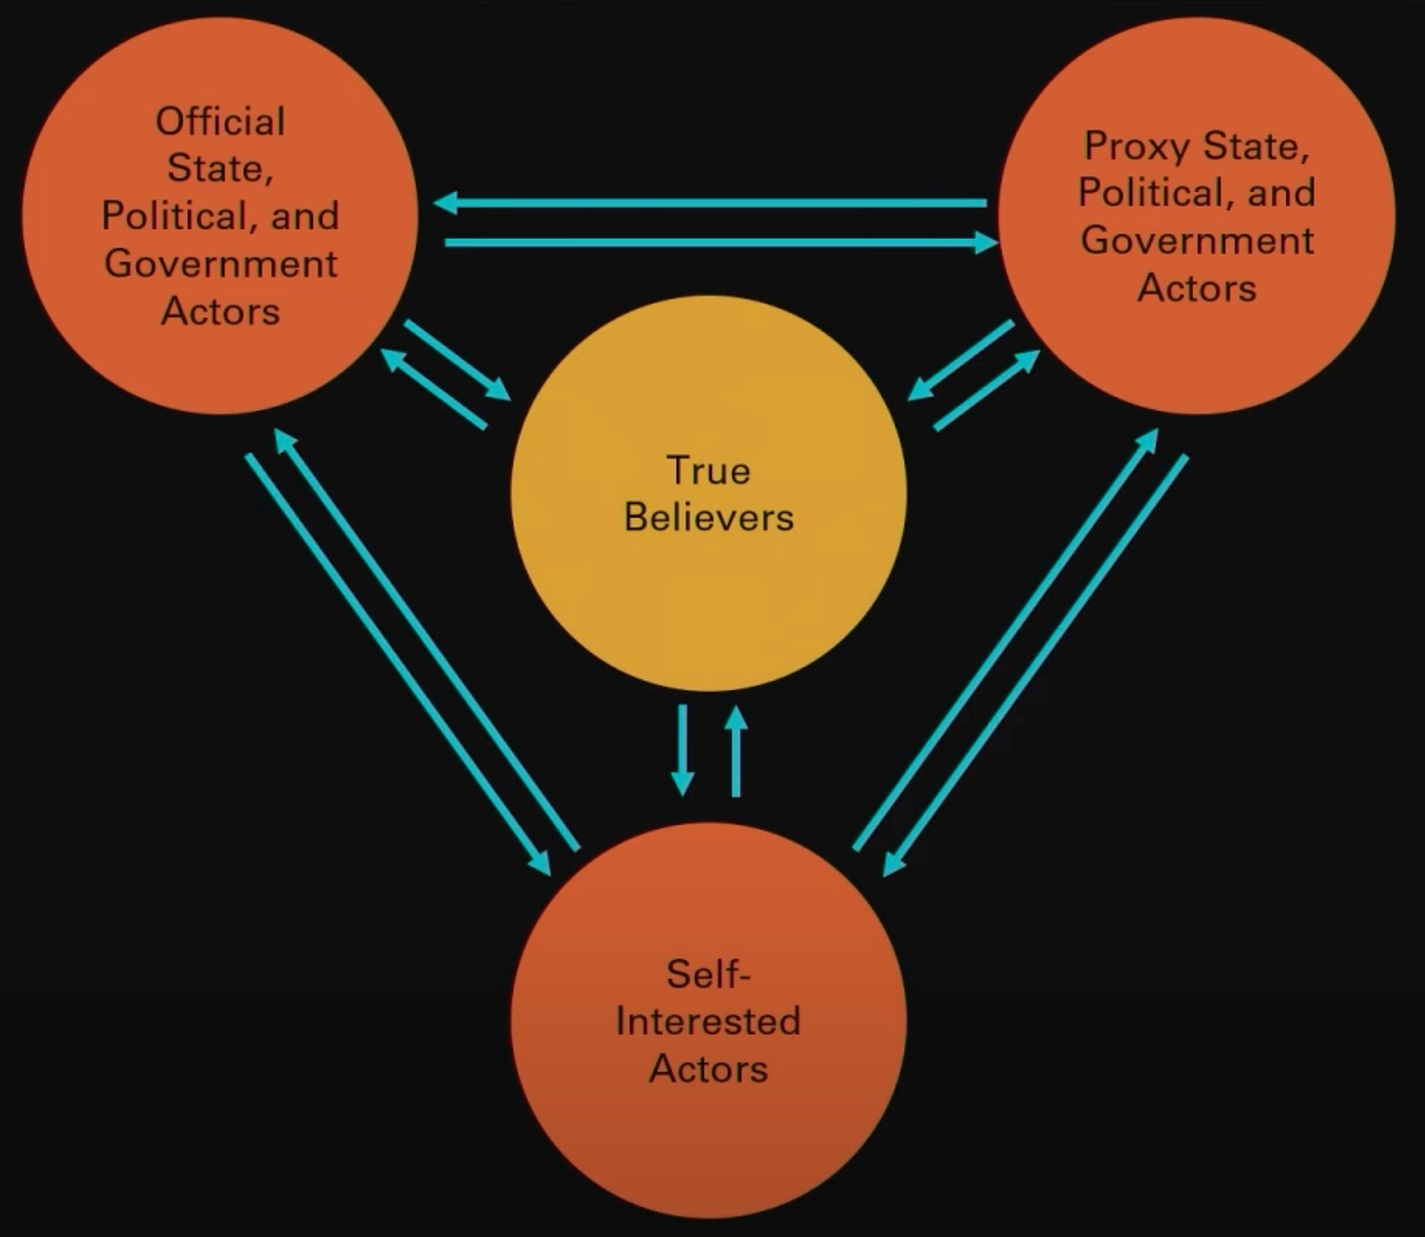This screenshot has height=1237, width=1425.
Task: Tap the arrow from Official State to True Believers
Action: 457,359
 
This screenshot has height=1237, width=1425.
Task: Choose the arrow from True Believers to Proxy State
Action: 987,389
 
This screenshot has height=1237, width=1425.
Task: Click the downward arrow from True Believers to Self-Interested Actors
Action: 682,750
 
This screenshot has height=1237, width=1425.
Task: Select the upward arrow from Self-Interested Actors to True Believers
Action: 736,752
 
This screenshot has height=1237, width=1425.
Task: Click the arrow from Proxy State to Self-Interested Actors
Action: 1035,665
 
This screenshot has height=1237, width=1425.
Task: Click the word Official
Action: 220,121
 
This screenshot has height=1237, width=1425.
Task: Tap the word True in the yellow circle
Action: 708,471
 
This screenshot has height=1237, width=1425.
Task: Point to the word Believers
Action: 709,518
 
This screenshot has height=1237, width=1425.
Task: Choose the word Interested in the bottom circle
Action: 709,1022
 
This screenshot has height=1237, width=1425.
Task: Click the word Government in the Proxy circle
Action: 1197,241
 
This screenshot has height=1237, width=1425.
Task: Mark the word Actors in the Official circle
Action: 220,311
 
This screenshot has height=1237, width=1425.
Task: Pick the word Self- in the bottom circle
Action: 709,975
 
